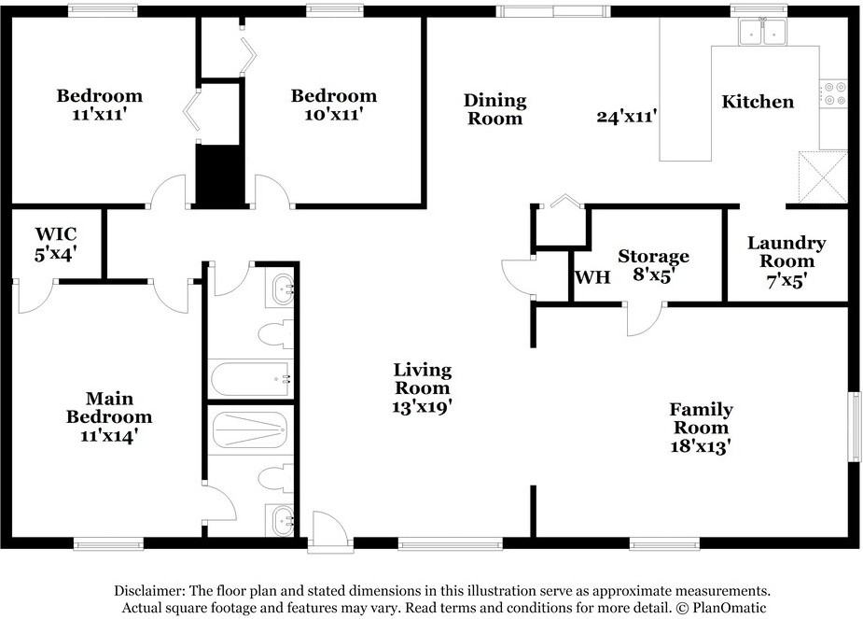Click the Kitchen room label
(x=758, y=102)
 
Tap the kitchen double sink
(x=763, y=31)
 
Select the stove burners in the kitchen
(x=833, y=93)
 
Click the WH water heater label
(x=592, y=277)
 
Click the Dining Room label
(x=494, y=109)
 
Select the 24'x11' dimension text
(x=626, y=116)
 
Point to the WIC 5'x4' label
(x=56, y=244)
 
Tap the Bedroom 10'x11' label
(x=333, y=105)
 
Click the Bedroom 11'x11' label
(x=100, y=105)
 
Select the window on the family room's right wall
(x=854, y=427)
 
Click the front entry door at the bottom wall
(x=329, y=531)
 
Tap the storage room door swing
(x=645, y=318)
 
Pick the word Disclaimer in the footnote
(x=148, y=591)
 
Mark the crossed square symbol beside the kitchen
(x=823, y=176)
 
